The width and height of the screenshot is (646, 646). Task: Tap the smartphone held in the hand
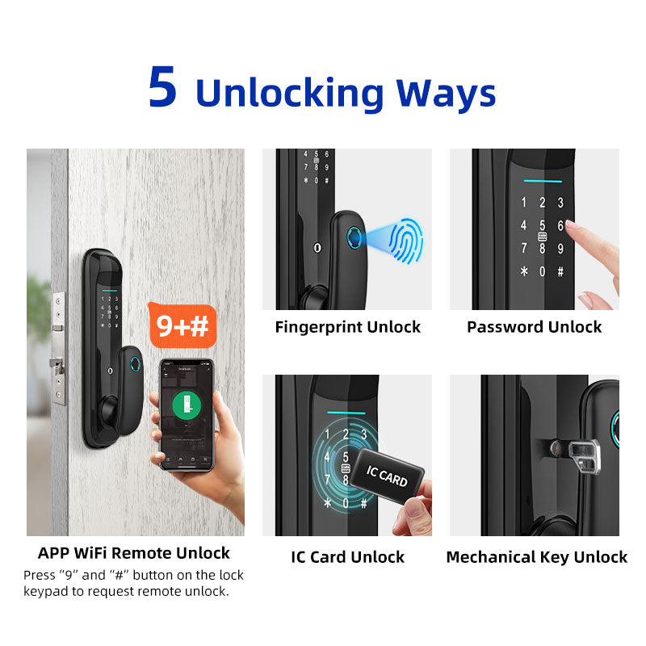coord(187,414)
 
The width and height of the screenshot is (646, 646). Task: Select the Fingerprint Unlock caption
coord(347,327)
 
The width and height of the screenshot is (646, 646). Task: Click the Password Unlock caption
coord(534,327)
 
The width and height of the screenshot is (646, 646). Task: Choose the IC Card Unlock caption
coord(347,557)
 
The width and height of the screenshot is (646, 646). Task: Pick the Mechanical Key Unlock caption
coord(536,557)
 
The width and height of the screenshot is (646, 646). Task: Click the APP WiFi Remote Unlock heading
coord(134,553)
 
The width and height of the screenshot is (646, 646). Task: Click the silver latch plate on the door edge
coord(59,347)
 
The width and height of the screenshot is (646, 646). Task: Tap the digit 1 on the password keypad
coord(523,203)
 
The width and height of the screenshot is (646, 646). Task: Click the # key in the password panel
coord(560,272)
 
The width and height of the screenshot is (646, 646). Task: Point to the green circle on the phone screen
coord(187,405)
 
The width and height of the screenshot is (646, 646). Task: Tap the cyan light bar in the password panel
coord(542,181)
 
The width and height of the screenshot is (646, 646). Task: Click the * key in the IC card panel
coord(328,503)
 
